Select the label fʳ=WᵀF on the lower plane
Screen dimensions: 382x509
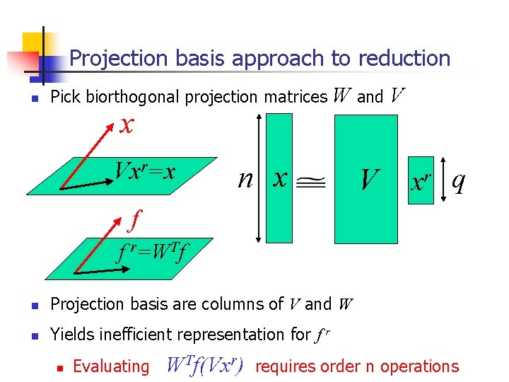pos(153,251)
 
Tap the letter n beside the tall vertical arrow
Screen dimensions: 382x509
pos(245,178)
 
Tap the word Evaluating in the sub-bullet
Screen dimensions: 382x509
pos(111,366)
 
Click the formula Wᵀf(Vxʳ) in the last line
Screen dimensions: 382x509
pos(205,365)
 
